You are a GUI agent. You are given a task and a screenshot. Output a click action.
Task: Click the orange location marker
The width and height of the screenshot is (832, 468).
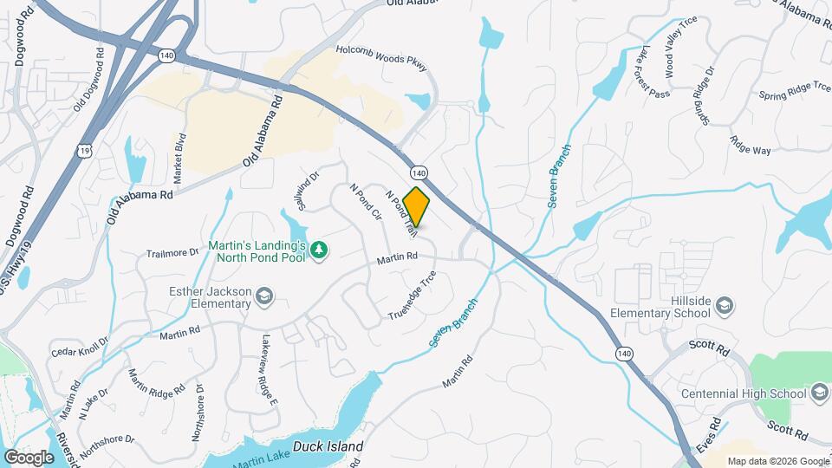[x=417, y=207]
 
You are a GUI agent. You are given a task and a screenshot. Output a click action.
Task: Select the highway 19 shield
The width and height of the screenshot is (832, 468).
[x=84, y=150]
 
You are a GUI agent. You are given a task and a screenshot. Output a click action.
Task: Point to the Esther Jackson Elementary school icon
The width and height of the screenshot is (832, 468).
[x=263, y=299]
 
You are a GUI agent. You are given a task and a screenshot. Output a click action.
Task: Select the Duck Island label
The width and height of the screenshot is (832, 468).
[x=327, y=446]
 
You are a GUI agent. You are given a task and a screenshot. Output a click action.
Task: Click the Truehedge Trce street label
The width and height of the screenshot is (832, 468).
[x=412, y=296]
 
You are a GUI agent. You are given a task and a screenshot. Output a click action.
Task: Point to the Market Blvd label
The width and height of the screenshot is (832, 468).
[x=181, y=157]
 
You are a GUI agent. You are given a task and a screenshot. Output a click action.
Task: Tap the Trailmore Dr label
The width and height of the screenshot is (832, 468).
[x=172, y=253]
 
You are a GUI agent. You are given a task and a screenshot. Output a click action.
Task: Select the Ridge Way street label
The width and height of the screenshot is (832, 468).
[x=750, y=150]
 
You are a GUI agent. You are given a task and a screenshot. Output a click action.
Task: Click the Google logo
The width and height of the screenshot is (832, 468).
[x=29, y=457]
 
